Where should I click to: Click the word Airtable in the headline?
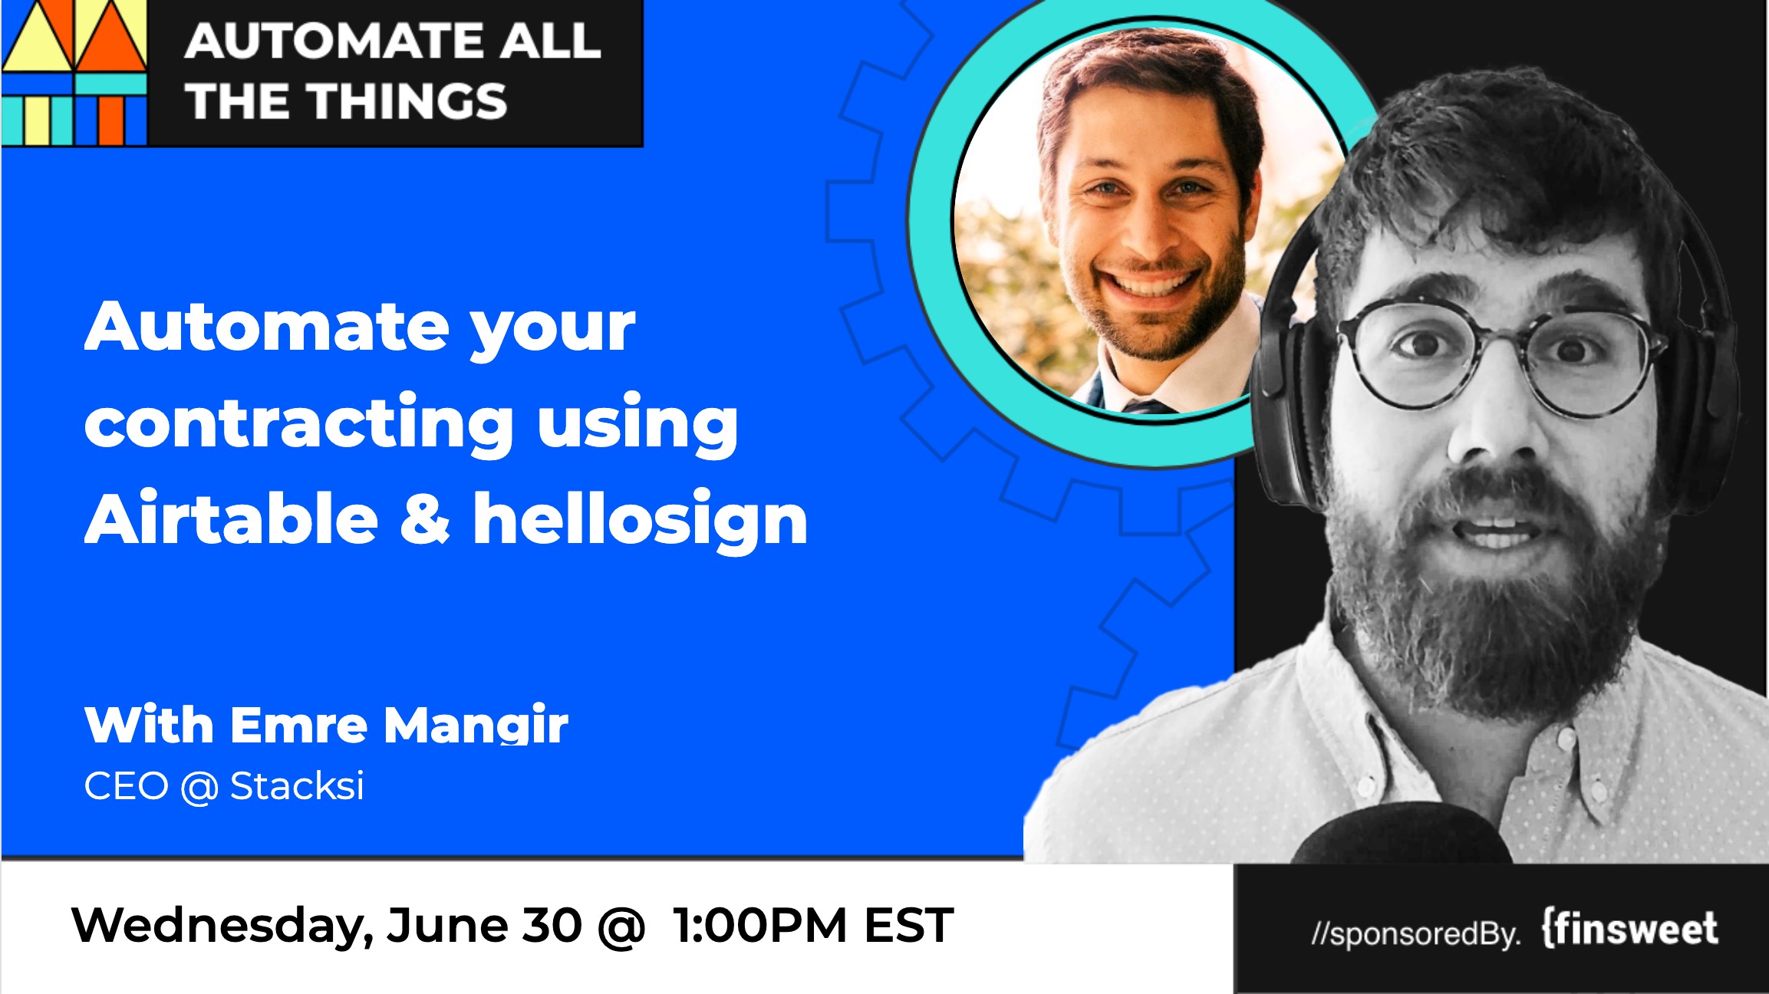click(x=231, y=519)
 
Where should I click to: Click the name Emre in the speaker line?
click(x=299, y=725)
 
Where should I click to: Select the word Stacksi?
click(x=297, y=785)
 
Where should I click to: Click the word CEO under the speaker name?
click(x=126, y=786)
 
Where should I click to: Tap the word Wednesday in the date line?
click(x=222, y=926)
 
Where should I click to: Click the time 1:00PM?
click(x=759, y=925)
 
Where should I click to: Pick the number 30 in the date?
click(x=552, y=925)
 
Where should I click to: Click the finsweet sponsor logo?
click(x=1630, y=929)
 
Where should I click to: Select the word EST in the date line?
click(x=909, y=925)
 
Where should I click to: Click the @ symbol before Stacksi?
click(x=199, y=787)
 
